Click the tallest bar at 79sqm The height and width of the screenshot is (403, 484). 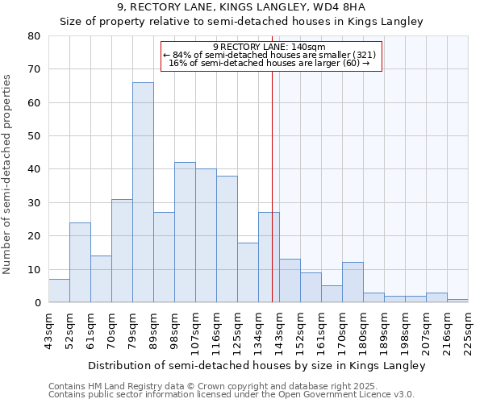pos(143,193)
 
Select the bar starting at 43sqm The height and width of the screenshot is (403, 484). pos(59,291)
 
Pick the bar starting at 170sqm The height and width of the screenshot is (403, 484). pos(353,282)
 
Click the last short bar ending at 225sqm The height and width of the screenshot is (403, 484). pos(457,301)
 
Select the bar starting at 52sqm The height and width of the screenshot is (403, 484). pos(80,263)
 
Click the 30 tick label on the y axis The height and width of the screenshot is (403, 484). pos(35,202)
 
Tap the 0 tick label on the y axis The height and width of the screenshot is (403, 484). pos(38,303)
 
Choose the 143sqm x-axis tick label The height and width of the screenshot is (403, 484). pos(279,330)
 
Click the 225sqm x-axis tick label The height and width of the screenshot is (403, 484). pos(468,330)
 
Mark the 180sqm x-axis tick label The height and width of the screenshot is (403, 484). pos(363,330)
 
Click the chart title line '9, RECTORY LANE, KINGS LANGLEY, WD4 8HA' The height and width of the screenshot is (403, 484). pos(241,7)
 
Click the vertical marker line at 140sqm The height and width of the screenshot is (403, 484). pos(272,185)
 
